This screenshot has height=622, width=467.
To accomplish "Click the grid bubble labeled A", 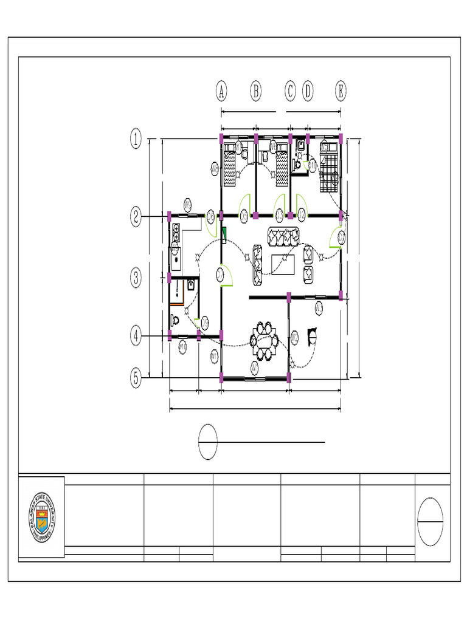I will pyautogui.click(x=221, y=92).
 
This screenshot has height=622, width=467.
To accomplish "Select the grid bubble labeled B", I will pyautogui.click(x=256, y=92).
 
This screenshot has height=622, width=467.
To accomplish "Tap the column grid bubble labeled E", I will pyautogui.click(x=341, y=92).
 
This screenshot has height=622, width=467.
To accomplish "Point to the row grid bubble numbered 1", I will pyautogui.click(x=136, y=140).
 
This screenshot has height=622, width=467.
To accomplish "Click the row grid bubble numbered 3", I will pyautogui.click(x=136, y=278).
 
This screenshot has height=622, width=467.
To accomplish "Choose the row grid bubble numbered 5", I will pyautogui.click(x=136, y=378).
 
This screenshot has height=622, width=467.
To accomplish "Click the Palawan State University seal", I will pyautogui.click(x=42, y=517).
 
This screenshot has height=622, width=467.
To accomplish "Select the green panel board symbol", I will pyautogui.click(x=224, y=235).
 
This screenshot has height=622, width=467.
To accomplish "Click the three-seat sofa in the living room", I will pyautogui.click(x=283, y=236).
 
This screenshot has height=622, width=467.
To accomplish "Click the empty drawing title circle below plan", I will pyautogui.click(x=208, y=443).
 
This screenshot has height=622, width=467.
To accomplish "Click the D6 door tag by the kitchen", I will pyautogui.click(x=210, y=216).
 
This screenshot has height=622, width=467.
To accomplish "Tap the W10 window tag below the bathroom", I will pyautogui.click(x=182, y=346).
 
